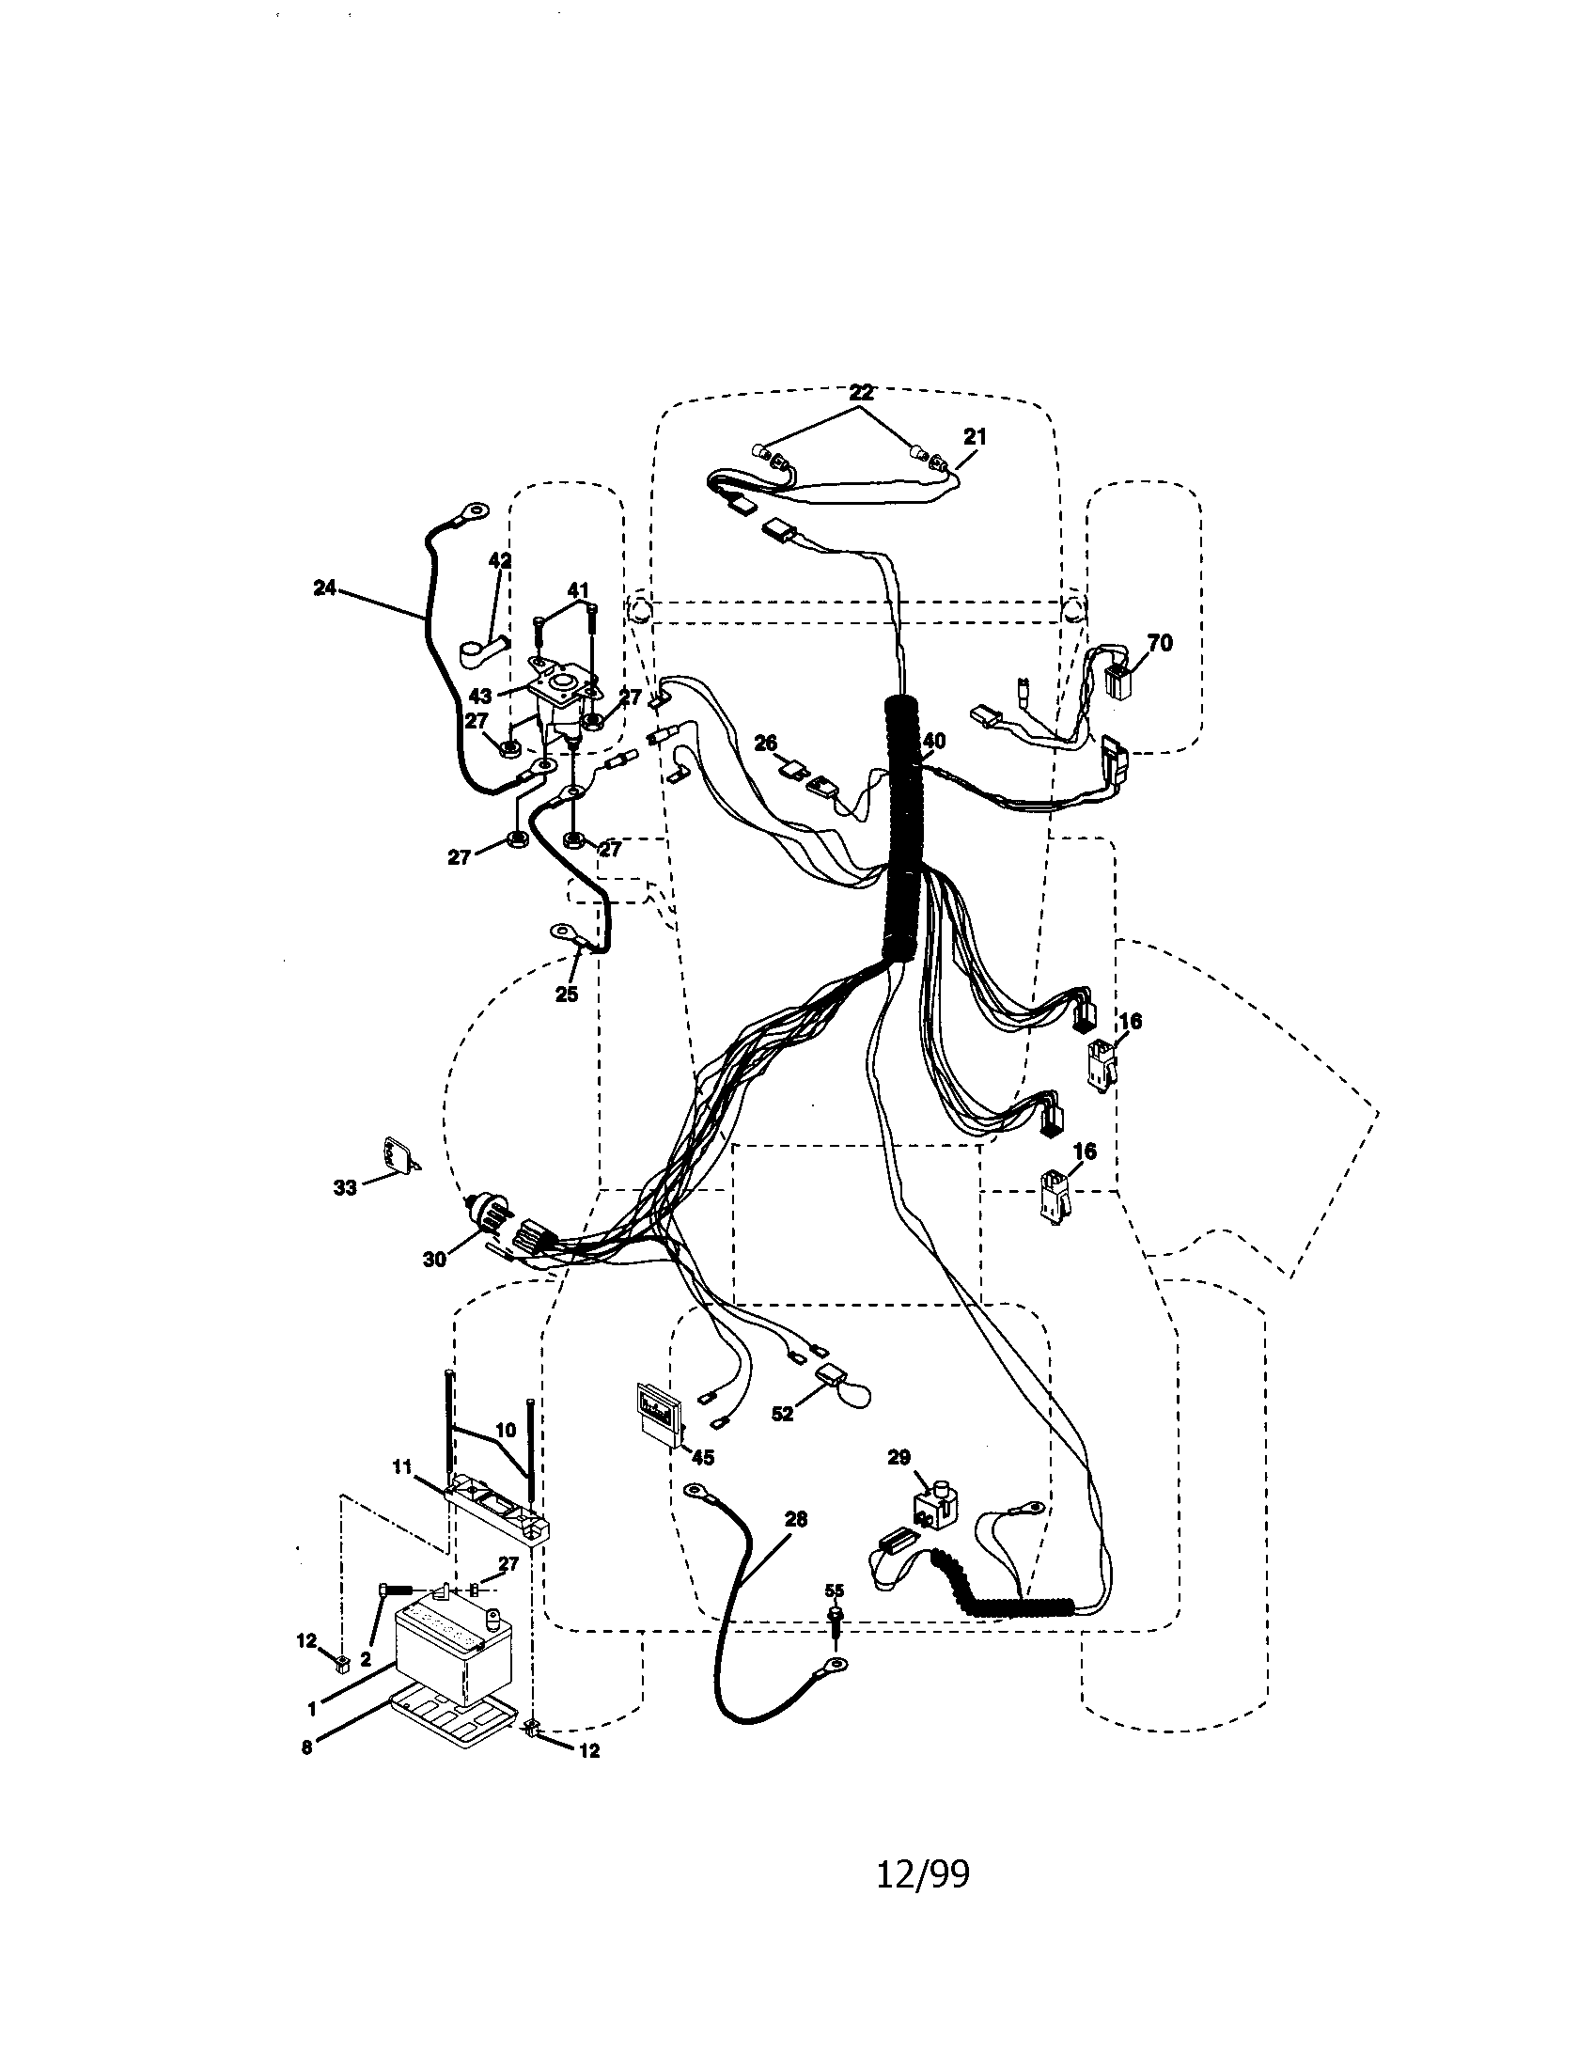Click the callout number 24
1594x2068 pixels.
323,588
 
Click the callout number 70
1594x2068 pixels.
1159,644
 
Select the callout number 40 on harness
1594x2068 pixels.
934,741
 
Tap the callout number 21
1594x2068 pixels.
974,436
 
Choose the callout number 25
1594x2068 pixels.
566,995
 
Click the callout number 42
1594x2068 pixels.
499,560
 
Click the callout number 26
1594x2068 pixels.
765,744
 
